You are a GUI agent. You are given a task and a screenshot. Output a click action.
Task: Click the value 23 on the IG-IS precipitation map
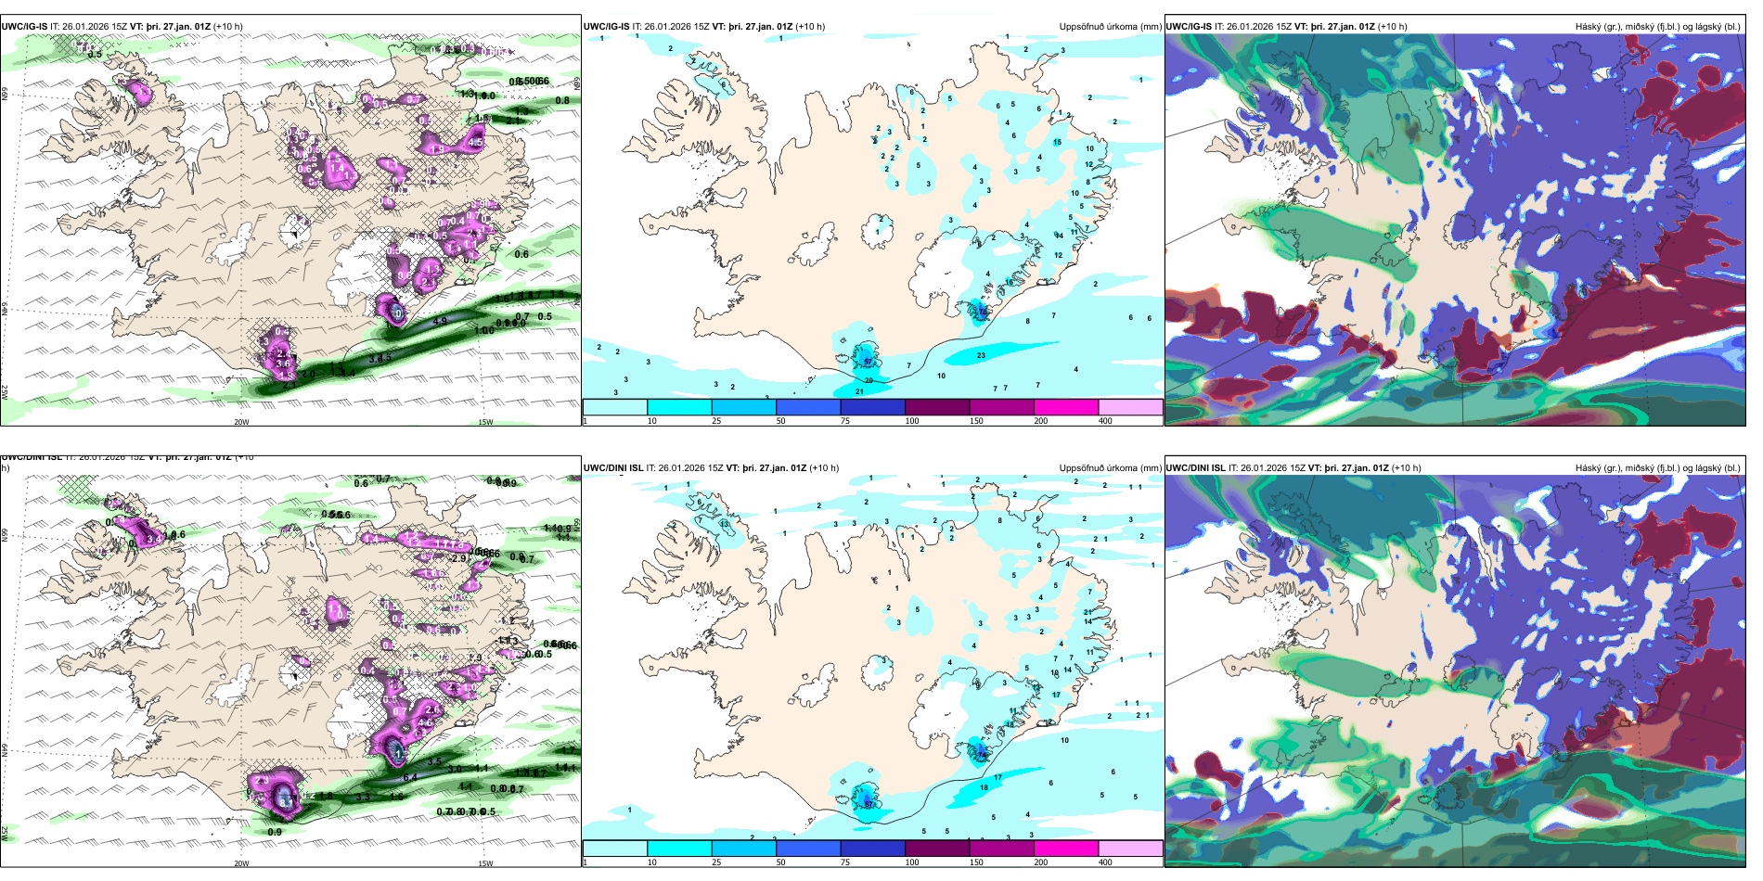point(981,355)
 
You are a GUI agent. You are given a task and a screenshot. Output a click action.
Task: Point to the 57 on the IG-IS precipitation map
point(869,361)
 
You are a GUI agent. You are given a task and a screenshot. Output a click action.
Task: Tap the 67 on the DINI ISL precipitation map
point(869,804)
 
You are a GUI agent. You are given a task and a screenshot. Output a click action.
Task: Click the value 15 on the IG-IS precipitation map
point(1057,142)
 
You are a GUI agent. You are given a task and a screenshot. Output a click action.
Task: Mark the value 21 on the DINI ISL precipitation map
point(1087,612)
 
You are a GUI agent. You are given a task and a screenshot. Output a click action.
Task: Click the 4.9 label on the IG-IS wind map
point(441,321)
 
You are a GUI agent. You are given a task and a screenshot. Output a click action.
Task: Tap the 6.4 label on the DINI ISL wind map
point(410,776)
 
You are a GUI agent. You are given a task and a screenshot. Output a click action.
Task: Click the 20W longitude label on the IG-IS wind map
point(241,422)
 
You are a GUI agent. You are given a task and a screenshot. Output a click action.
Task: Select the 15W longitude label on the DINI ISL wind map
point(485,863)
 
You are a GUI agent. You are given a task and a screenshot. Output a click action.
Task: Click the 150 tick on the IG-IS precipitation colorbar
point(976,421)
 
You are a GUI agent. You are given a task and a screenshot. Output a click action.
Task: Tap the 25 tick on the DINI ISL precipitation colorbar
point(716,862)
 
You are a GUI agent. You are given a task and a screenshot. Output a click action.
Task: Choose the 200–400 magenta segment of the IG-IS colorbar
point(1066,407)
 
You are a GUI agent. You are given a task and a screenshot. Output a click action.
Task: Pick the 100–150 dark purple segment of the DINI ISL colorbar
point(937,849)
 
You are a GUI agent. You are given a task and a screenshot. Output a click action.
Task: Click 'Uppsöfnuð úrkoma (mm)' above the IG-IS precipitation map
point(1110,27)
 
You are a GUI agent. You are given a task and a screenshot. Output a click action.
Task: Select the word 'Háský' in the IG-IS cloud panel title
point(1589,27)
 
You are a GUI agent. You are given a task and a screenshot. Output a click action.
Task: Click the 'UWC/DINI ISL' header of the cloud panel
point(1196,468)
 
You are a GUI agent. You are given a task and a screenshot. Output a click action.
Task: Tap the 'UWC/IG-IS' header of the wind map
point(24,27)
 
